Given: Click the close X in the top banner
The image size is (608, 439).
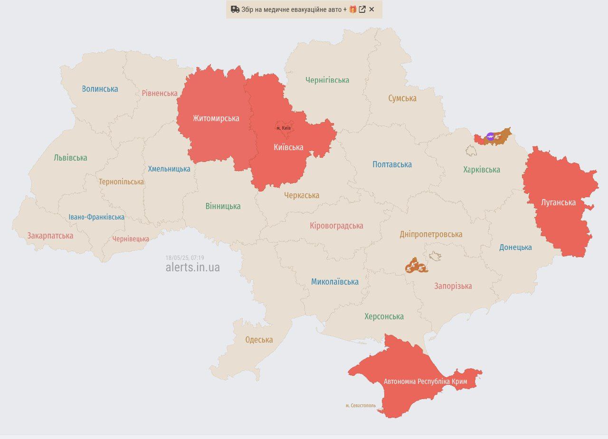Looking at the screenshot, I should pyautogui.click(x=371, y=10).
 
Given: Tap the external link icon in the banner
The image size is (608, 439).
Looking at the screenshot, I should pyautogui.click(x=362, y=10).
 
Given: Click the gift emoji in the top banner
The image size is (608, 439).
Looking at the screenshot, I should pyautogui.click(x=352, y=10).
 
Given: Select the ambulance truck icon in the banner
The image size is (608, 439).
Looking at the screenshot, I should pyautogui.click(x=235, y=10).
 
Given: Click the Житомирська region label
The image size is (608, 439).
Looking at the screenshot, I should pyautogui.click(x=216, y=118).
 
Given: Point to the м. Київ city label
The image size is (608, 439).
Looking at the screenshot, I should pyautogui.click(x=284, y=128).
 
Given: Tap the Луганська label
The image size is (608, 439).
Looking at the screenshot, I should pyautogui.click(x=558, y=202).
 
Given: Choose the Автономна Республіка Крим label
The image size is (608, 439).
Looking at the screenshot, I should pyautogui.click(x=425, y=382).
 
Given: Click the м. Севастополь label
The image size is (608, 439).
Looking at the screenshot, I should pyautogui.click(x=361, y=406).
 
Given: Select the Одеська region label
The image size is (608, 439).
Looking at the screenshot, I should pyautogui.click(x=259, y=340).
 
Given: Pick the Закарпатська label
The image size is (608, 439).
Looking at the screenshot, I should pyautogui.click(x=50, y=236).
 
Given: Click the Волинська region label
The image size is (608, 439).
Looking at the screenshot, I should pyautogui.click(x=100, y=89).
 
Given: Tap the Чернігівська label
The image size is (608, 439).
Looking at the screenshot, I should pyautogui.click(x=327, y=80).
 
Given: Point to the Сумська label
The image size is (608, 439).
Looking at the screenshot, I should pyautogui.click(x=402, y=98).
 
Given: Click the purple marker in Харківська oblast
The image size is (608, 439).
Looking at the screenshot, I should pyautogui.click(x=490, y=136).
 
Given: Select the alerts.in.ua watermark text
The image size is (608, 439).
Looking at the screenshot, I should pyautogui.click(x=192, y=267).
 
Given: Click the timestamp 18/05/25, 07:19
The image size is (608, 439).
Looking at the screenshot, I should pyautogui.click(x=184, y=258).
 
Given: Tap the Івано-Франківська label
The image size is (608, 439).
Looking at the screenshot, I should pyautogui.click(x=96, y=217).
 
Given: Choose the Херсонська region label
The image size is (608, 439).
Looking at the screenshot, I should pyautogui.click(x=384, y=316).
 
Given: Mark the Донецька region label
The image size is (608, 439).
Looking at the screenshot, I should pyautogui.click(x=515, y=247).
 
